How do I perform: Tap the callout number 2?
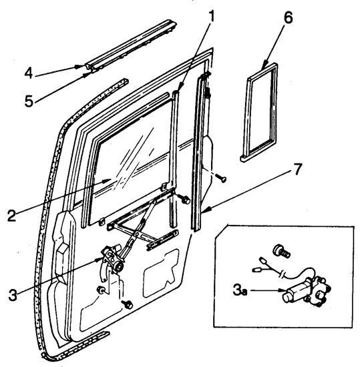coord(12,216)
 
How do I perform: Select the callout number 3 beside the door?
coord(13,294)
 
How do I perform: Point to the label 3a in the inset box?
coord(240,291)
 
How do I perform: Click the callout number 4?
coord(29,73)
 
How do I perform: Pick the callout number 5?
coord(29,101)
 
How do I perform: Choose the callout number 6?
coord(288,17)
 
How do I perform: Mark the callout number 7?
coord(297,169)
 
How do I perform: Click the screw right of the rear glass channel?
coord(221,178)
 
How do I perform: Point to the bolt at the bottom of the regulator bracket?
coord(128,304)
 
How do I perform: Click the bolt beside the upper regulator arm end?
coord(184,200)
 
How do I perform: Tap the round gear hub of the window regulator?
coord(118,266)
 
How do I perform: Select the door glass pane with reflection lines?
coord(131,161)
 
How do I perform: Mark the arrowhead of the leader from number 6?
coord(264,65)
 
